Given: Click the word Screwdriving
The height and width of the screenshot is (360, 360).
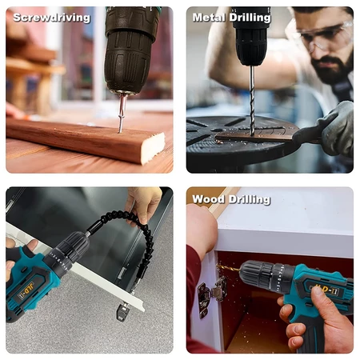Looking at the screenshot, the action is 52,18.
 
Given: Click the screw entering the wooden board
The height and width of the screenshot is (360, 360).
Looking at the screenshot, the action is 122,114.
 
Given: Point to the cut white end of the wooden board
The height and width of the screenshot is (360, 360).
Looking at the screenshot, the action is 153,148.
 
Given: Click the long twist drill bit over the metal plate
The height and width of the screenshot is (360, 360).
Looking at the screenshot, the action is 252,101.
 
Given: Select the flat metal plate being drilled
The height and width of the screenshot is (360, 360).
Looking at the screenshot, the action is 256,136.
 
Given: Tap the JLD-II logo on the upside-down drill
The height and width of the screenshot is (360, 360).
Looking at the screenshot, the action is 26,290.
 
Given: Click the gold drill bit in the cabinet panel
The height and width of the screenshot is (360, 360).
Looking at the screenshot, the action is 228,268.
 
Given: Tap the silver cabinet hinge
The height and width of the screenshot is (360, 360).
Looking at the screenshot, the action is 211,294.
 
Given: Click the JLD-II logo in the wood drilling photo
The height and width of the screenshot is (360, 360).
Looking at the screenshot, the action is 324,290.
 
